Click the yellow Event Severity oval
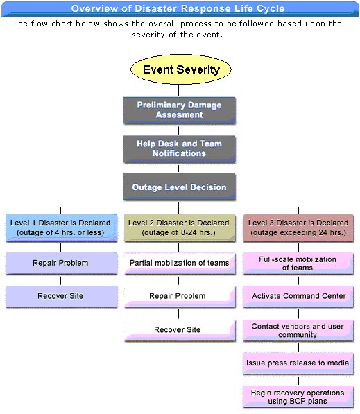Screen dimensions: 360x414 [181, 69]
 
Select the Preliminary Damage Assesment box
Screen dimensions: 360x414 [180, 110]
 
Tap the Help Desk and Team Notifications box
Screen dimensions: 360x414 [180, 149]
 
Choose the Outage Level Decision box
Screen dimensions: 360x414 [180, 187]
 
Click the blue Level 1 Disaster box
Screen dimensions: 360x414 [61, 228]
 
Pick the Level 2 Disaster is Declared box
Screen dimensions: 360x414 [180, 228]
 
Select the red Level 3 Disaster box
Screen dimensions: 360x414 [298, 228]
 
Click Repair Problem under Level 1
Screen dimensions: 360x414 [61, 264]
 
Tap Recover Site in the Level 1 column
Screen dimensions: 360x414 [61, 296]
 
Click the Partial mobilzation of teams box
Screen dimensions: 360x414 [180, 264]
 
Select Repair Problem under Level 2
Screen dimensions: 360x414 [180, 296]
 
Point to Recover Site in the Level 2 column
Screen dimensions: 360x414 [180, 330]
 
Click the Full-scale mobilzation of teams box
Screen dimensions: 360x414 [298, 264]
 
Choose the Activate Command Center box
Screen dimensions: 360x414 [298, 296]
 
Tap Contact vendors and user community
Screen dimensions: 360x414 [298, 331]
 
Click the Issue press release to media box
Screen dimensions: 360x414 [298, 363]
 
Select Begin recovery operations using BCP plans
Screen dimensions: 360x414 [298, 397]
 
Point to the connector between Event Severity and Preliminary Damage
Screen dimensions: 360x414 [178, 91]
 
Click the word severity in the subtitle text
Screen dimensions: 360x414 [148, 35]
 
